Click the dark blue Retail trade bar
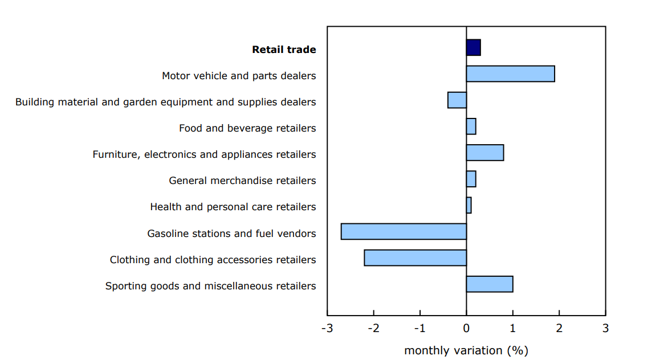pos(473,48)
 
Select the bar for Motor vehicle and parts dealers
pos(510,74)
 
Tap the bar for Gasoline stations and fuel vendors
pos(404,231)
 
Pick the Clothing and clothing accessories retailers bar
pos(415,257)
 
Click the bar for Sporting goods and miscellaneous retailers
pos(489,284)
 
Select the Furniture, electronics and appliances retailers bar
pos(484,153)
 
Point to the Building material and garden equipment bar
pos(457,100)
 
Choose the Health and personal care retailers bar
pos(469,205)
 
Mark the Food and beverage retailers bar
pos(471,126)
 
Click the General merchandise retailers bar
pos(471,179)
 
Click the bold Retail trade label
pos(284,50)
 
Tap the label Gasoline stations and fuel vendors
pos(231,234)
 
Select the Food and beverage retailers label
pos(247,128)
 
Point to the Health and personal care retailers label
pos(233,207)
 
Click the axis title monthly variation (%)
pos(466,350)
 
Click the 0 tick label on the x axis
pos(466,329)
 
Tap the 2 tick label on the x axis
pos(559,329)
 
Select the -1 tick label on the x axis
pos(419,329)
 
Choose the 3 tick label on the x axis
pos(605,329)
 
